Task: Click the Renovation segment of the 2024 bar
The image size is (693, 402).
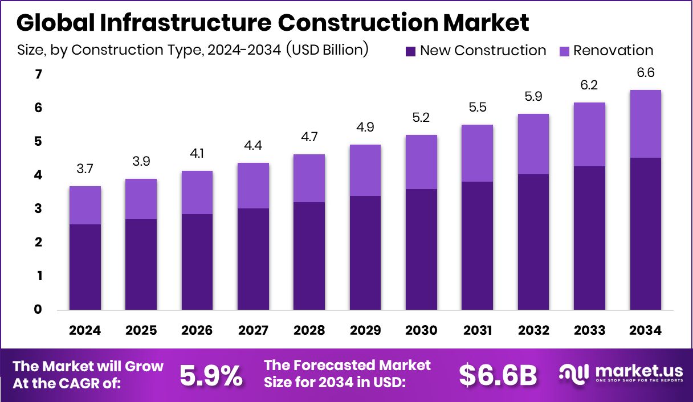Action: click(85, 205)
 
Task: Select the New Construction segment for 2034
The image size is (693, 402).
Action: click(646, 233)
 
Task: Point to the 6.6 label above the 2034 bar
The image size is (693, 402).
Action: click(646, 72)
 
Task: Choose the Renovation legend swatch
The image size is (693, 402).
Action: click(565, 51)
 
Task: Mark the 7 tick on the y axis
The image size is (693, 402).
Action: click(38, 75)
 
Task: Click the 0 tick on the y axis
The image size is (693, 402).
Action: click(38, 310)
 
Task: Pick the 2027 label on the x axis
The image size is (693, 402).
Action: click(254, 331)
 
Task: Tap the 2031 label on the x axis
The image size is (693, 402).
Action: click(478, 331)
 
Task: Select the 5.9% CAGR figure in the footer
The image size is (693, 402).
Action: click(211, 375)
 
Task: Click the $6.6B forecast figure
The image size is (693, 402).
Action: click(498, 375)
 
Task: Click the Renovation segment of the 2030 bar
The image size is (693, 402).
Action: click(421, 162)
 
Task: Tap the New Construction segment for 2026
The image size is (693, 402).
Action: click(198, 262)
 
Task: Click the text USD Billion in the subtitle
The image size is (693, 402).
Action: click(327, 50)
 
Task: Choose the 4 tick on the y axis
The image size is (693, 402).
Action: click(38, 175)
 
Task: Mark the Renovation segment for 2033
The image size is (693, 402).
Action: click(590, 134)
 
